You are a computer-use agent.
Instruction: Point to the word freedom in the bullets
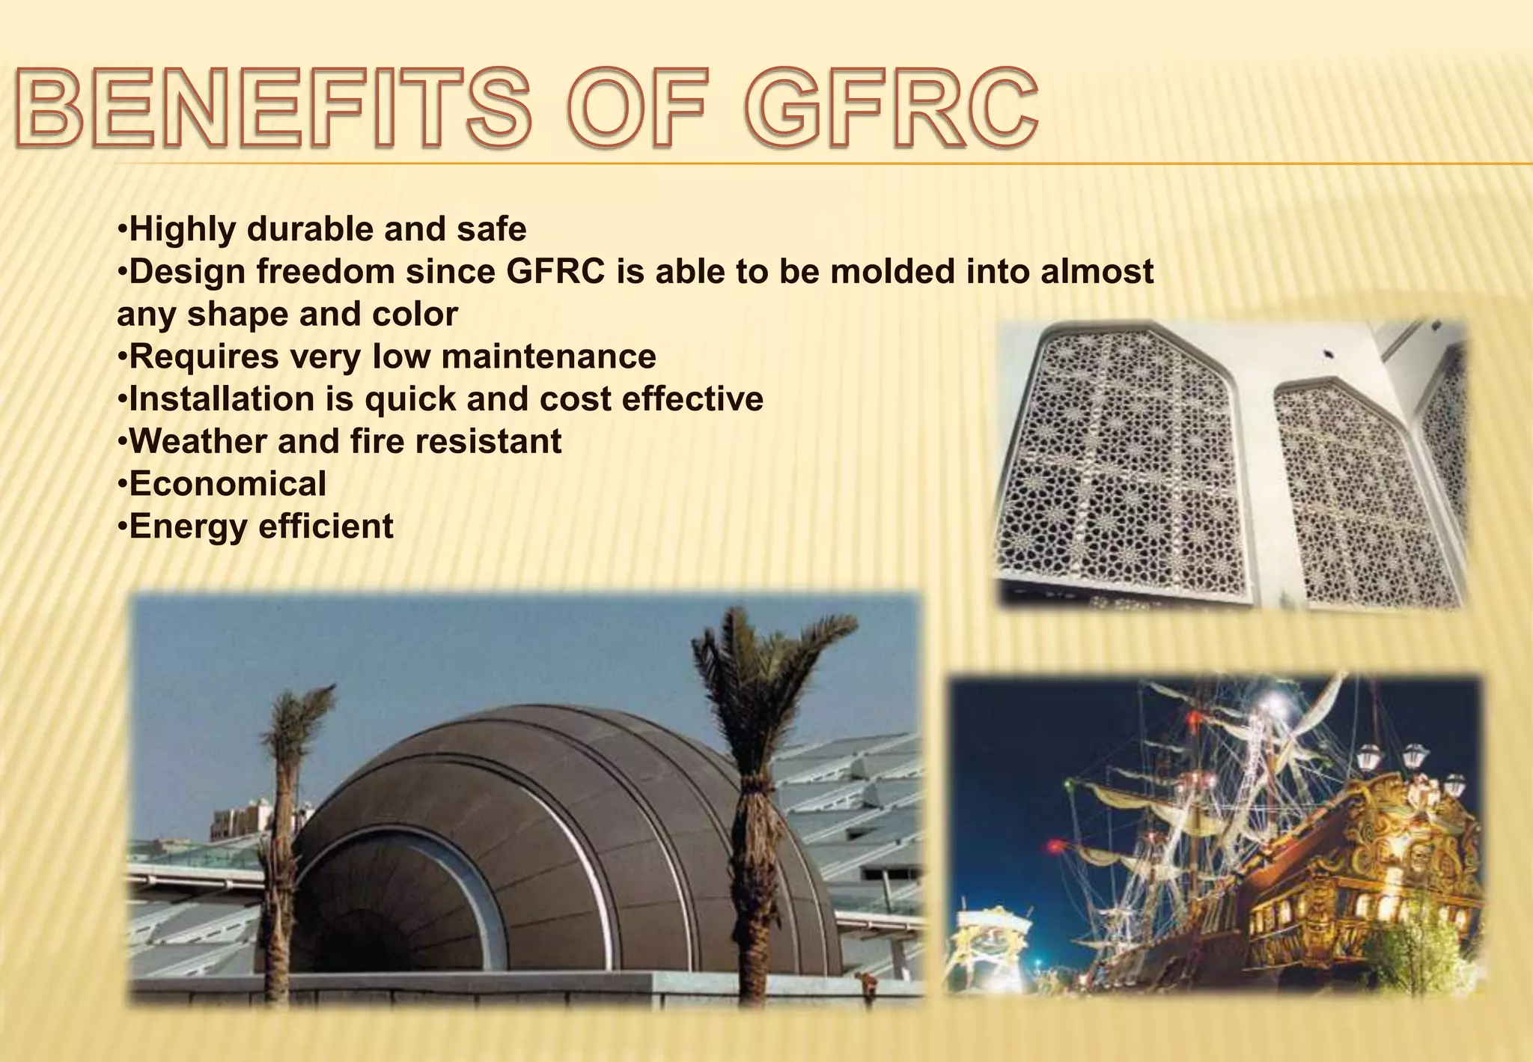(326, 271)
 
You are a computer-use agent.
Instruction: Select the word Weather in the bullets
(198, 442)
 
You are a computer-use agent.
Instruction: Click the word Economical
(228, 484)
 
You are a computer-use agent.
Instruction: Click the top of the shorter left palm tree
(299, 719)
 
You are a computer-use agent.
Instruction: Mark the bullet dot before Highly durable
(122, 228)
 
